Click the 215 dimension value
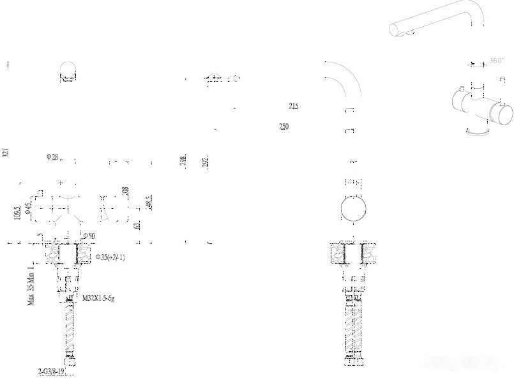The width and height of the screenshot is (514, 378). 294,106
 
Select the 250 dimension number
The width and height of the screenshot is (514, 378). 284,126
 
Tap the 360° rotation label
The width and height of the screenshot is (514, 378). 495,61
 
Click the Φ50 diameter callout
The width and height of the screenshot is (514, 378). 89,236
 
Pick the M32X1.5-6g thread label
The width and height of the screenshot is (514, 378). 98,298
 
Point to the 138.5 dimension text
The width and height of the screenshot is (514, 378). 17,211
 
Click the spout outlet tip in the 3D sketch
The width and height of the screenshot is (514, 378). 397,29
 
